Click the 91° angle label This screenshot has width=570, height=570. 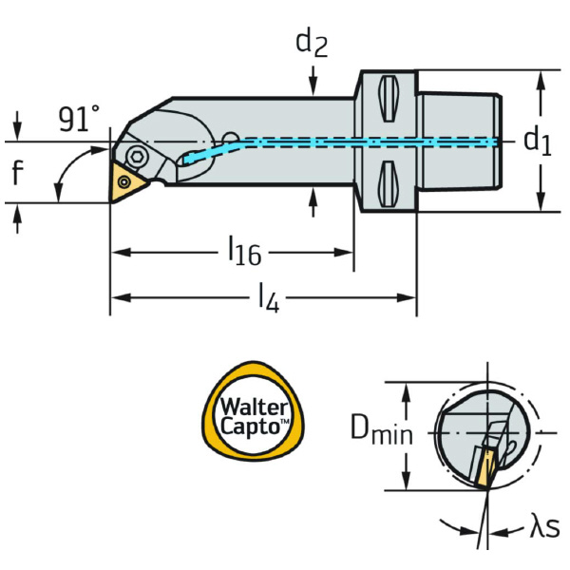pyautogui.click(x=78, y=120)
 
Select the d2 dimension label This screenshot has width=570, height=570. pyautogui.click(x=312, y=43)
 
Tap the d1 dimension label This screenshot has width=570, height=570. pyautogui.click(x=537, y=142)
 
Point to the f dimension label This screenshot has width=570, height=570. pyautogui.click(x=16, y=172)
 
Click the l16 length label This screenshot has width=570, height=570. pyautogui.click(x=244, y=253)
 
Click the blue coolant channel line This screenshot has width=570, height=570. pyautogui.click(x=361, y=142)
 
